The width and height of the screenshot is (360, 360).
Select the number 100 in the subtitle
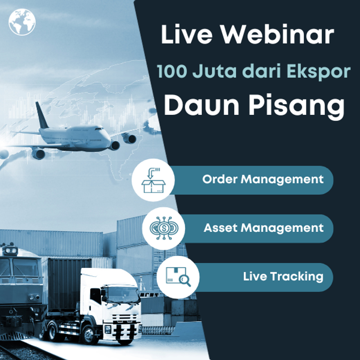point(170,71)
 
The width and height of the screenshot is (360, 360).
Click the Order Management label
point(263,179)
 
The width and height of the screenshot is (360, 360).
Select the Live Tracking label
point(283,276)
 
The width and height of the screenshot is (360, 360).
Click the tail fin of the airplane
point(42,115)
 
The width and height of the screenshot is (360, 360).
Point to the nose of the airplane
point(108,135)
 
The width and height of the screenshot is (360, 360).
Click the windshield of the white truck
point(120,294)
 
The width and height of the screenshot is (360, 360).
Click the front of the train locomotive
point(18,279)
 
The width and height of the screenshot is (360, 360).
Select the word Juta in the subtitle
point(206,72)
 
